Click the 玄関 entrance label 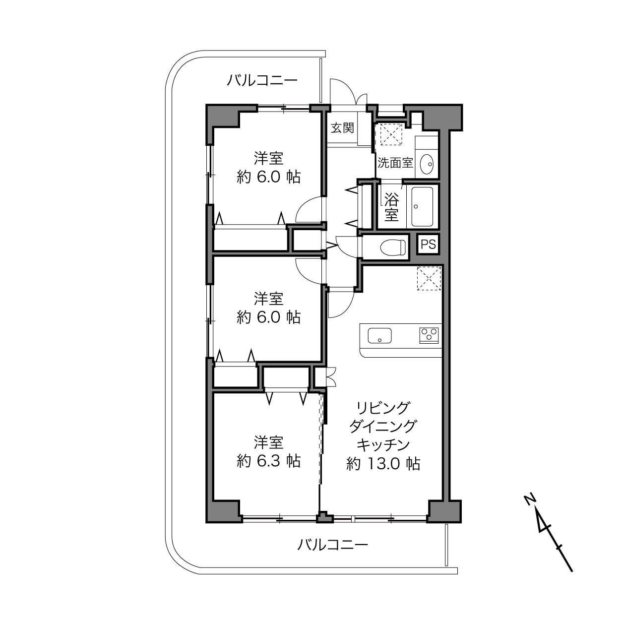(x=342, y=128)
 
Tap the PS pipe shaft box (x=428, y=244)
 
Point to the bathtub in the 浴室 (x=423, y=206)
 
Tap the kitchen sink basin (x=380, y=336)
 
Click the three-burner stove (x=429, y=335)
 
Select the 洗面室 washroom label (x=395, y=163)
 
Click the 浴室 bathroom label (x=391, y=206)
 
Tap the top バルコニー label (x=262, y=80)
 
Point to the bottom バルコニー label (x=332, y=545)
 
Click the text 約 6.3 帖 (x=268, y=461)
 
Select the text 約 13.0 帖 (x=383, y=464)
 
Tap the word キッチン (x=383, y=445)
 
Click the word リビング (x=383, y=408)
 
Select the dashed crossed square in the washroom (x=391, y=134)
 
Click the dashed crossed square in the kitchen (x=429, y=278)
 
